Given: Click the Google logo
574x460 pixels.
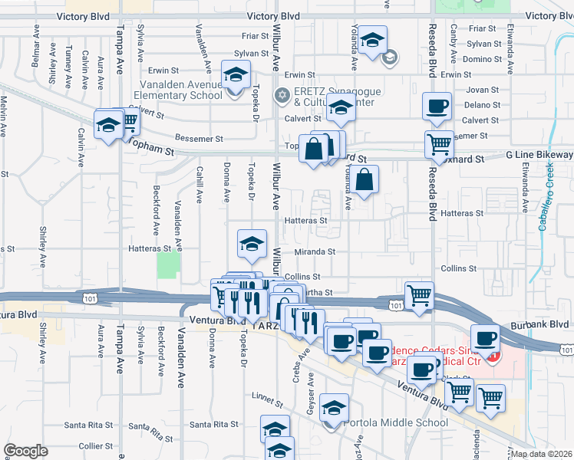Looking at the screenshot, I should pyautogui.click(x=26, y=451).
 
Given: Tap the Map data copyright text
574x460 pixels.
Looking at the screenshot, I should pyautogui.click(x=543, y=454).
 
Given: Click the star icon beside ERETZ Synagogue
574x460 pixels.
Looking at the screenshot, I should pyautogui.click(x=282, y=95).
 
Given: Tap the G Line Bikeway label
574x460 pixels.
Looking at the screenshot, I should pyautogui.click(x=539, y=155).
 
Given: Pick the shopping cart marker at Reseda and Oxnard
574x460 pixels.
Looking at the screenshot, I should pyautogui.click(x=439, y=143).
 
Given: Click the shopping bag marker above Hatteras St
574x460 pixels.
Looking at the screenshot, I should pyautogui.click(x=367, y=180).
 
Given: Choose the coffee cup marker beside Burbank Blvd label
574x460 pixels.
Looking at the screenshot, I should pyautogui.click(x=484, y=337).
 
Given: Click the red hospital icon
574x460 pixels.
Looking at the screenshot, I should pyautogui.click(x=494, y=356).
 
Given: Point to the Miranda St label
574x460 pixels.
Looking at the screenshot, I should pyautogui.click(x=315, y=251).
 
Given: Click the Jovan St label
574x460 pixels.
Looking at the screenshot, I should pyautogui.click(x=483, y=90).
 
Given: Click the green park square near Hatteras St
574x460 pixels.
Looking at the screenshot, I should pyautogui.click(x=168, y=266).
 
